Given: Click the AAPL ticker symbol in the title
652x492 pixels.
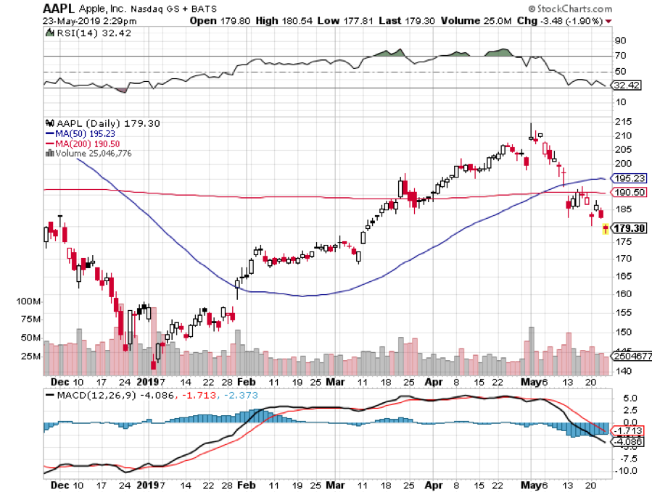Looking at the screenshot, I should (60, 8).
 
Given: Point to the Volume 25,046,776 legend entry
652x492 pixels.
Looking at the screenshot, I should (91, 153).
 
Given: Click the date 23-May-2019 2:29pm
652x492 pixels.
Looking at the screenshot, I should (88, 21).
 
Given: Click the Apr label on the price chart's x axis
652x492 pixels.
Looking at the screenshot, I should (433, 382).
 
